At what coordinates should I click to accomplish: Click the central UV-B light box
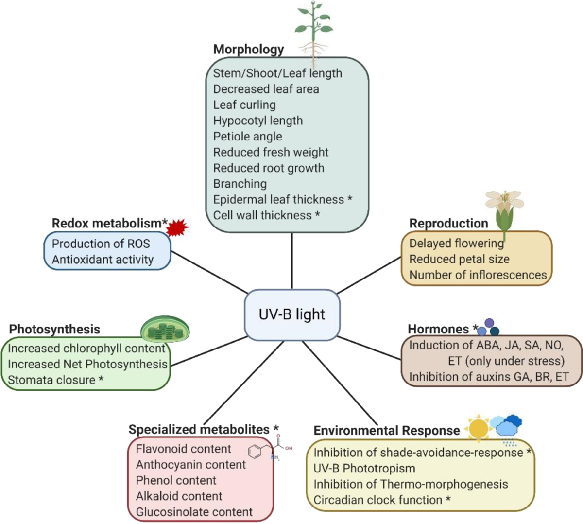tap(292, 314)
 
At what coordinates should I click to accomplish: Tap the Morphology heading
tap(248, 49)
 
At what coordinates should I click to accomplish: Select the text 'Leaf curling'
tap(244, 105)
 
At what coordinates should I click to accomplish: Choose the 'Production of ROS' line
tap(101, 244)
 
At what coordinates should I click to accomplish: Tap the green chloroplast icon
tap(165, 331)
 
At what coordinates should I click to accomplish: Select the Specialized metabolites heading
tap(199, 430)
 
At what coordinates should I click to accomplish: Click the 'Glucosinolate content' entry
tap(194, 512)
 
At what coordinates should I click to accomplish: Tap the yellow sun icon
tap(479, 428)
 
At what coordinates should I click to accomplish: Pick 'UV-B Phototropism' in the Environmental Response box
tap(364, 469)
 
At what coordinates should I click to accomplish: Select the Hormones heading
tap(438, 329)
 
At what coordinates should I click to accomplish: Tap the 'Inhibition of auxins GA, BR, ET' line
tap(488, 377)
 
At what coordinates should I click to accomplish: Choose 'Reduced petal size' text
tap(459, 259)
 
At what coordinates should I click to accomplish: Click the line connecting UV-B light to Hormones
tap(369, 348)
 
